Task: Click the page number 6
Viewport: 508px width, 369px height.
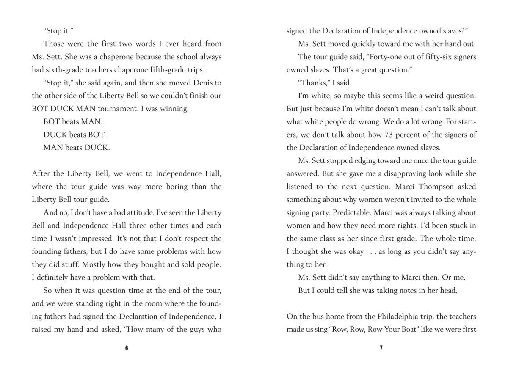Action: [x=127, y=348]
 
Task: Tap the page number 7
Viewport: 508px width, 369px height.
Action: [x=381, y=348]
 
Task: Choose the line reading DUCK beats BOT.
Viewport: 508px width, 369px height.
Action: [x=75, y=135]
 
